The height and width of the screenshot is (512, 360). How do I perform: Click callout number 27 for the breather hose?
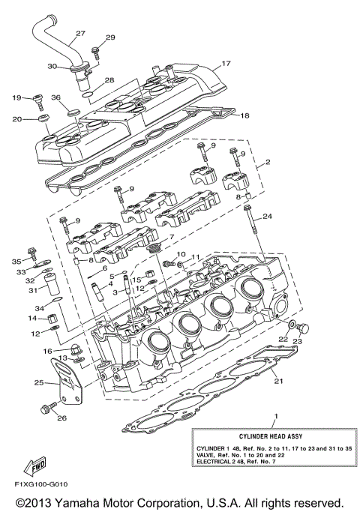(x=80, y=33)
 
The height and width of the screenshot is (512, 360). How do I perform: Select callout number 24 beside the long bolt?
(x=268, y=217)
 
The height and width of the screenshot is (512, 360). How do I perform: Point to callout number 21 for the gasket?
(x=278, y=382)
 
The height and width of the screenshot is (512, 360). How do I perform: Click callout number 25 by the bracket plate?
(x=38, y=382)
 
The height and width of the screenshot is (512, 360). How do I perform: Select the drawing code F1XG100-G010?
(x=37, y=485)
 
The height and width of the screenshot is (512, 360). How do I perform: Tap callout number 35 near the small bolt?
(x=17, y=261)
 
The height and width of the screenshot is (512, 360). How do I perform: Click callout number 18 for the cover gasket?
(x=244, y=115)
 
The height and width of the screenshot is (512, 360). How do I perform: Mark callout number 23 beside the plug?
(x=297, y=341)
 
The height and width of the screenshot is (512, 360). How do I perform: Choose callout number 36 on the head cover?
(x=55, y=97)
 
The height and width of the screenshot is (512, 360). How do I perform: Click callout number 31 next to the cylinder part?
(x=32, y=290)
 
